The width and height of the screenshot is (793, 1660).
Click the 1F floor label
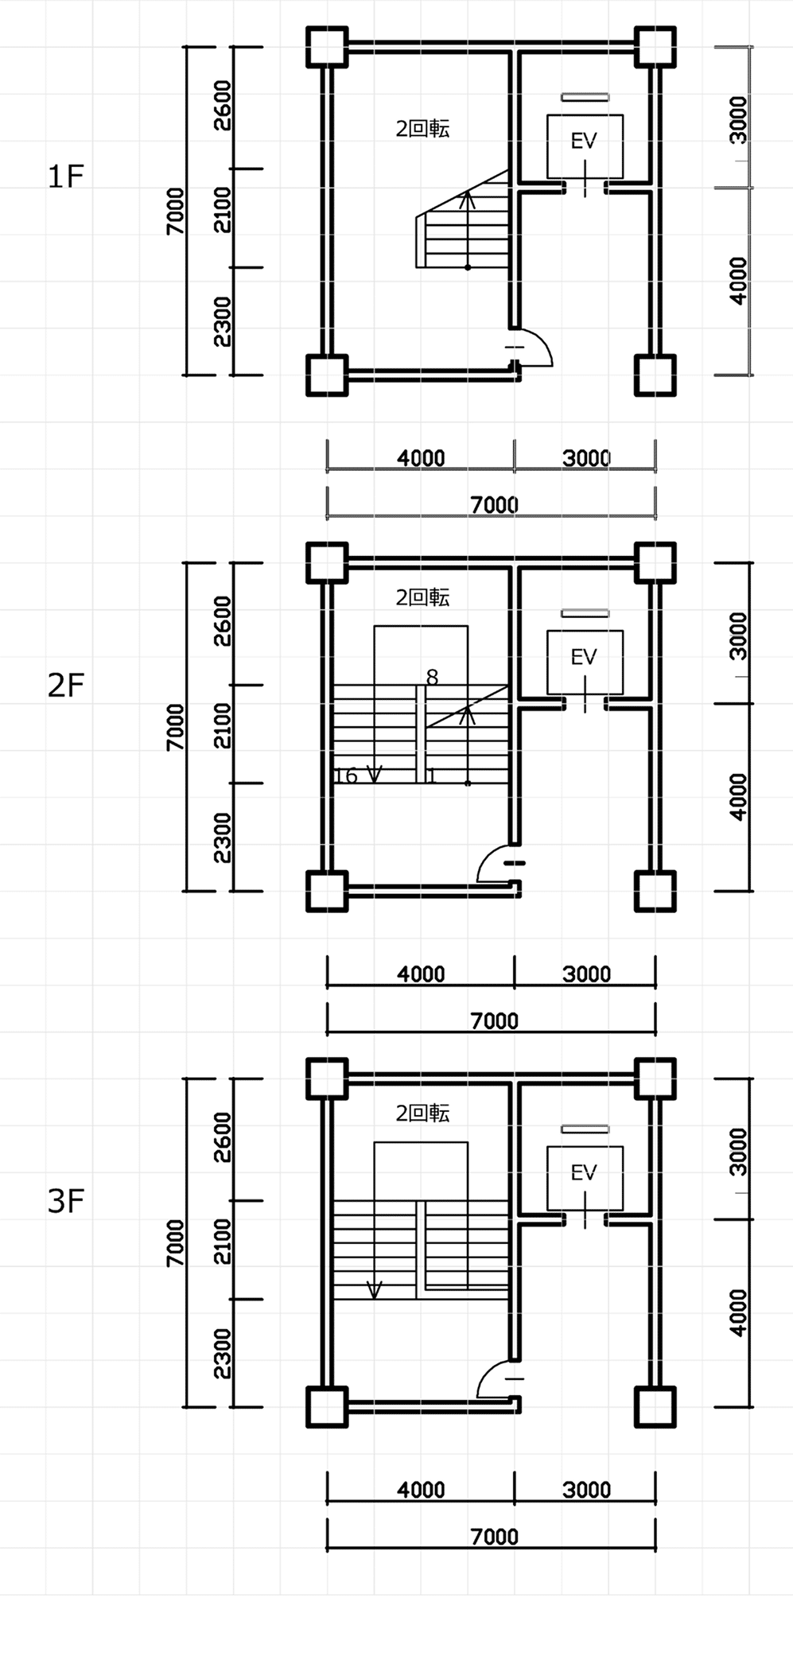[x=65, y=177]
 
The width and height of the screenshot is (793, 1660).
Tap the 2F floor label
[x=65, y=685]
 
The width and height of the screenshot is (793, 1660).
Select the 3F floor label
[x=65, y=1201]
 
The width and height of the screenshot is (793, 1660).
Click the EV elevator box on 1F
[x=585, y=146]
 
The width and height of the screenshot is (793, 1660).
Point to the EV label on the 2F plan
[x=584, y=657]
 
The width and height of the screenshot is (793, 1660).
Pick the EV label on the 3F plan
[x=584, y=1172]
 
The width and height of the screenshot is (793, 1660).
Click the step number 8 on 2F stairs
[x=432, y=678]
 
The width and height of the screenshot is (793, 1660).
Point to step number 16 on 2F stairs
[x=346, y=776]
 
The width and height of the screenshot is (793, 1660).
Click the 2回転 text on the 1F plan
[x=422, y=129]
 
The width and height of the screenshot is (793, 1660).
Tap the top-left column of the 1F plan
[x=327, y=47]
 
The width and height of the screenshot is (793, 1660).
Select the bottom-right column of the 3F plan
[x=655, y=1407]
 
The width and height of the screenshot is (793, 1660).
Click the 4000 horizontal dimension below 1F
[x=421, y=458]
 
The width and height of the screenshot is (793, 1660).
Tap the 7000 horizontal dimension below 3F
[x=494, y=1537]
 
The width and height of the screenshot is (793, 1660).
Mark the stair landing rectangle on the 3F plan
[x=421, y=1172]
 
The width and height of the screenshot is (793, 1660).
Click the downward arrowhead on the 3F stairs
[x=374, y=1290]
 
